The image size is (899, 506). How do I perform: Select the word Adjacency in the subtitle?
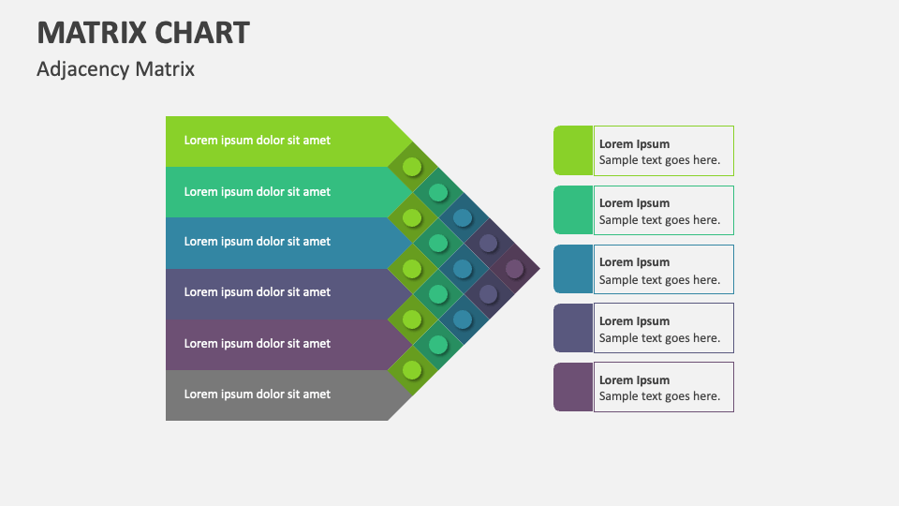(82, 69)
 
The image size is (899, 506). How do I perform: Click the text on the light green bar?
(257, 141)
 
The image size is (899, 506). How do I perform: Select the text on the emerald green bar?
(257, 191)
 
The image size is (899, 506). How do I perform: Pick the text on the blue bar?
(257, 242)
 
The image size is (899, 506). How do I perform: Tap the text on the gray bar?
(257, 394)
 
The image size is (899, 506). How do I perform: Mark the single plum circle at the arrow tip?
(514, 269)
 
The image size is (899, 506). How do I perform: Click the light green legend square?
(572, 151)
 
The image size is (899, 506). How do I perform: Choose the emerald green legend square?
(572, 210)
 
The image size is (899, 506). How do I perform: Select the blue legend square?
(572, 269)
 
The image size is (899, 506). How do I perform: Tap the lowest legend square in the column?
(572, 387)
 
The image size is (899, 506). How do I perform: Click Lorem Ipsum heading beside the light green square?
(634, 144)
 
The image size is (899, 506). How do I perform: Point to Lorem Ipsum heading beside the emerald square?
(634, 203)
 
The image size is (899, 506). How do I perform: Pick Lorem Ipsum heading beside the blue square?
(634, 262)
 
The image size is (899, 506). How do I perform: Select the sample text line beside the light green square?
(659, 160)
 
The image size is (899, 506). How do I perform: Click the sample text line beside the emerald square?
(659, 220)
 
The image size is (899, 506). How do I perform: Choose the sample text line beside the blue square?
(659, 280)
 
